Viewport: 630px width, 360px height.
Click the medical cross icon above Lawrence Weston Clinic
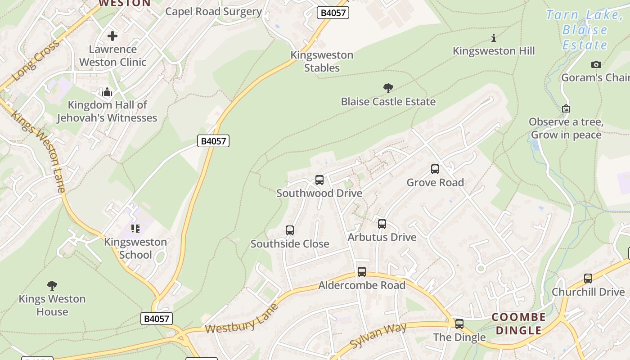[112, 36]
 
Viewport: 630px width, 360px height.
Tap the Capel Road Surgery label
[213, 12]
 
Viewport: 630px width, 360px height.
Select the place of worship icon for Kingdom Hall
[107, 92]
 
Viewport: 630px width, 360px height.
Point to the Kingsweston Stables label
[322, 62]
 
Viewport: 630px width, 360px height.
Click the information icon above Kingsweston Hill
[494, 38]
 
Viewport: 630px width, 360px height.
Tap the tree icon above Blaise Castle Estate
[388, 88]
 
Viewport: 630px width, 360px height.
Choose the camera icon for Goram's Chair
[596, 65]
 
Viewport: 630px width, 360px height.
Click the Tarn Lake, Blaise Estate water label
[585, 30]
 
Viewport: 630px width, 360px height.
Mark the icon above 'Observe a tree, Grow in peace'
[566, 108]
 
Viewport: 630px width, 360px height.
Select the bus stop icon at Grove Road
[435, 169]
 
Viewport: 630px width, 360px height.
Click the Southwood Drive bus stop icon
[319, 180]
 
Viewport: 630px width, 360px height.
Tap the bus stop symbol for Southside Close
[290, 230]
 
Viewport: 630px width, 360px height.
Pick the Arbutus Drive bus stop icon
[382, 224]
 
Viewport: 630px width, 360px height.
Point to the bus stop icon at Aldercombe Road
[362, 272]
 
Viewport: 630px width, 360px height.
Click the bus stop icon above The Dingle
[459, 324]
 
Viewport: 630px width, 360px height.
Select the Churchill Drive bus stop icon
[588, 279]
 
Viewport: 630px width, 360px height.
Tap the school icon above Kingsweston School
[135, 229]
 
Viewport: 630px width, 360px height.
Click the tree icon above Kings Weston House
[52, 285]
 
